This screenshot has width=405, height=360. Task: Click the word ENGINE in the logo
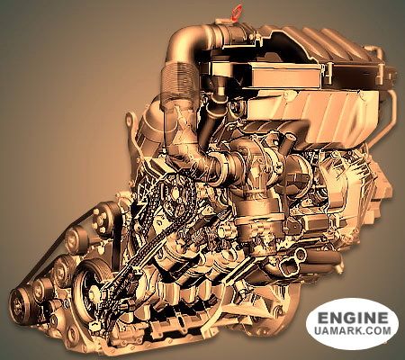coord(352,318)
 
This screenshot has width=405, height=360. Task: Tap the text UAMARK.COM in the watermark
coord(353,330)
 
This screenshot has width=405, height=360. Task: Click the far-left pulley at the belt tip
coord(21,302)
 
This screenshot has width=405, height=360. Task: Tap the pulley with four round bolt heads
coord(102,221)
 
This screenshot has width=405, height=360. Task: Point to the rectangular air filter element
coord(286,74)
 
